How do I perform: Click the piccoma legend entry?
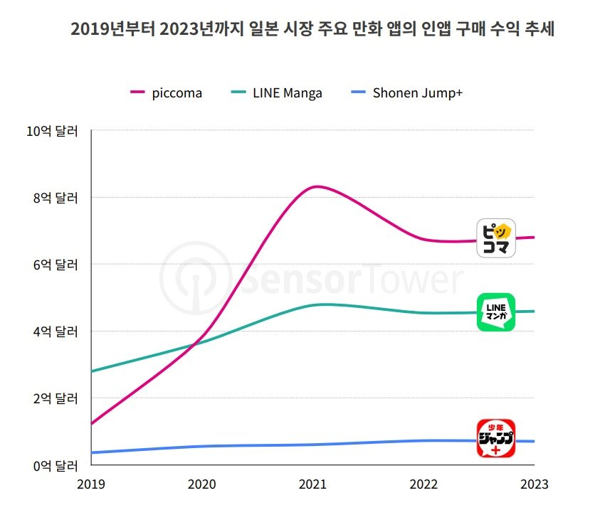(167, 93)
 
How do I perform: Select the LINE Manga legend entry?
(278, 93)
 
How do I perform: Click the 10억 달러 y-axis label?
(53, 131)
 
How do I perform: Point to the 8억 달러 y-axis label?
(56, 197)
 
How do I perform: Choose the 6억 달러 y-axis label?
(56, 264)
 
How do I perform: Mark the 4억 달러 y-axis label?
(56, 331)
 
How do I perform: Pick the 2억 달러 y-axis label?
(56, 398)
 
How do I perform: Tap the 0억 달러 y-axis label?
(56, 465)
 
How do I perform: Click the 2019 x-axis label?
(91, 484)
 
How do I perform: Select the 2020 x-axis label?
(202, 484)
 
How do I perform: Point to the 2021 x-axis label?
(312, 484)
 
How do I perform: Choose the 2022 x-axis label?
(423, 484)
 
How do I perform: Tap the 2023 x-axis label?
(534, 484)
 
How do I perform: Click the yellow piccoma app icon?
(495, 238)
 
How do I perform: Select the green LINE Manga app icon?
(495, 312)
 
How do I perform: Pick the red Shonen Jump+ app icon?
(495, 438)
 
